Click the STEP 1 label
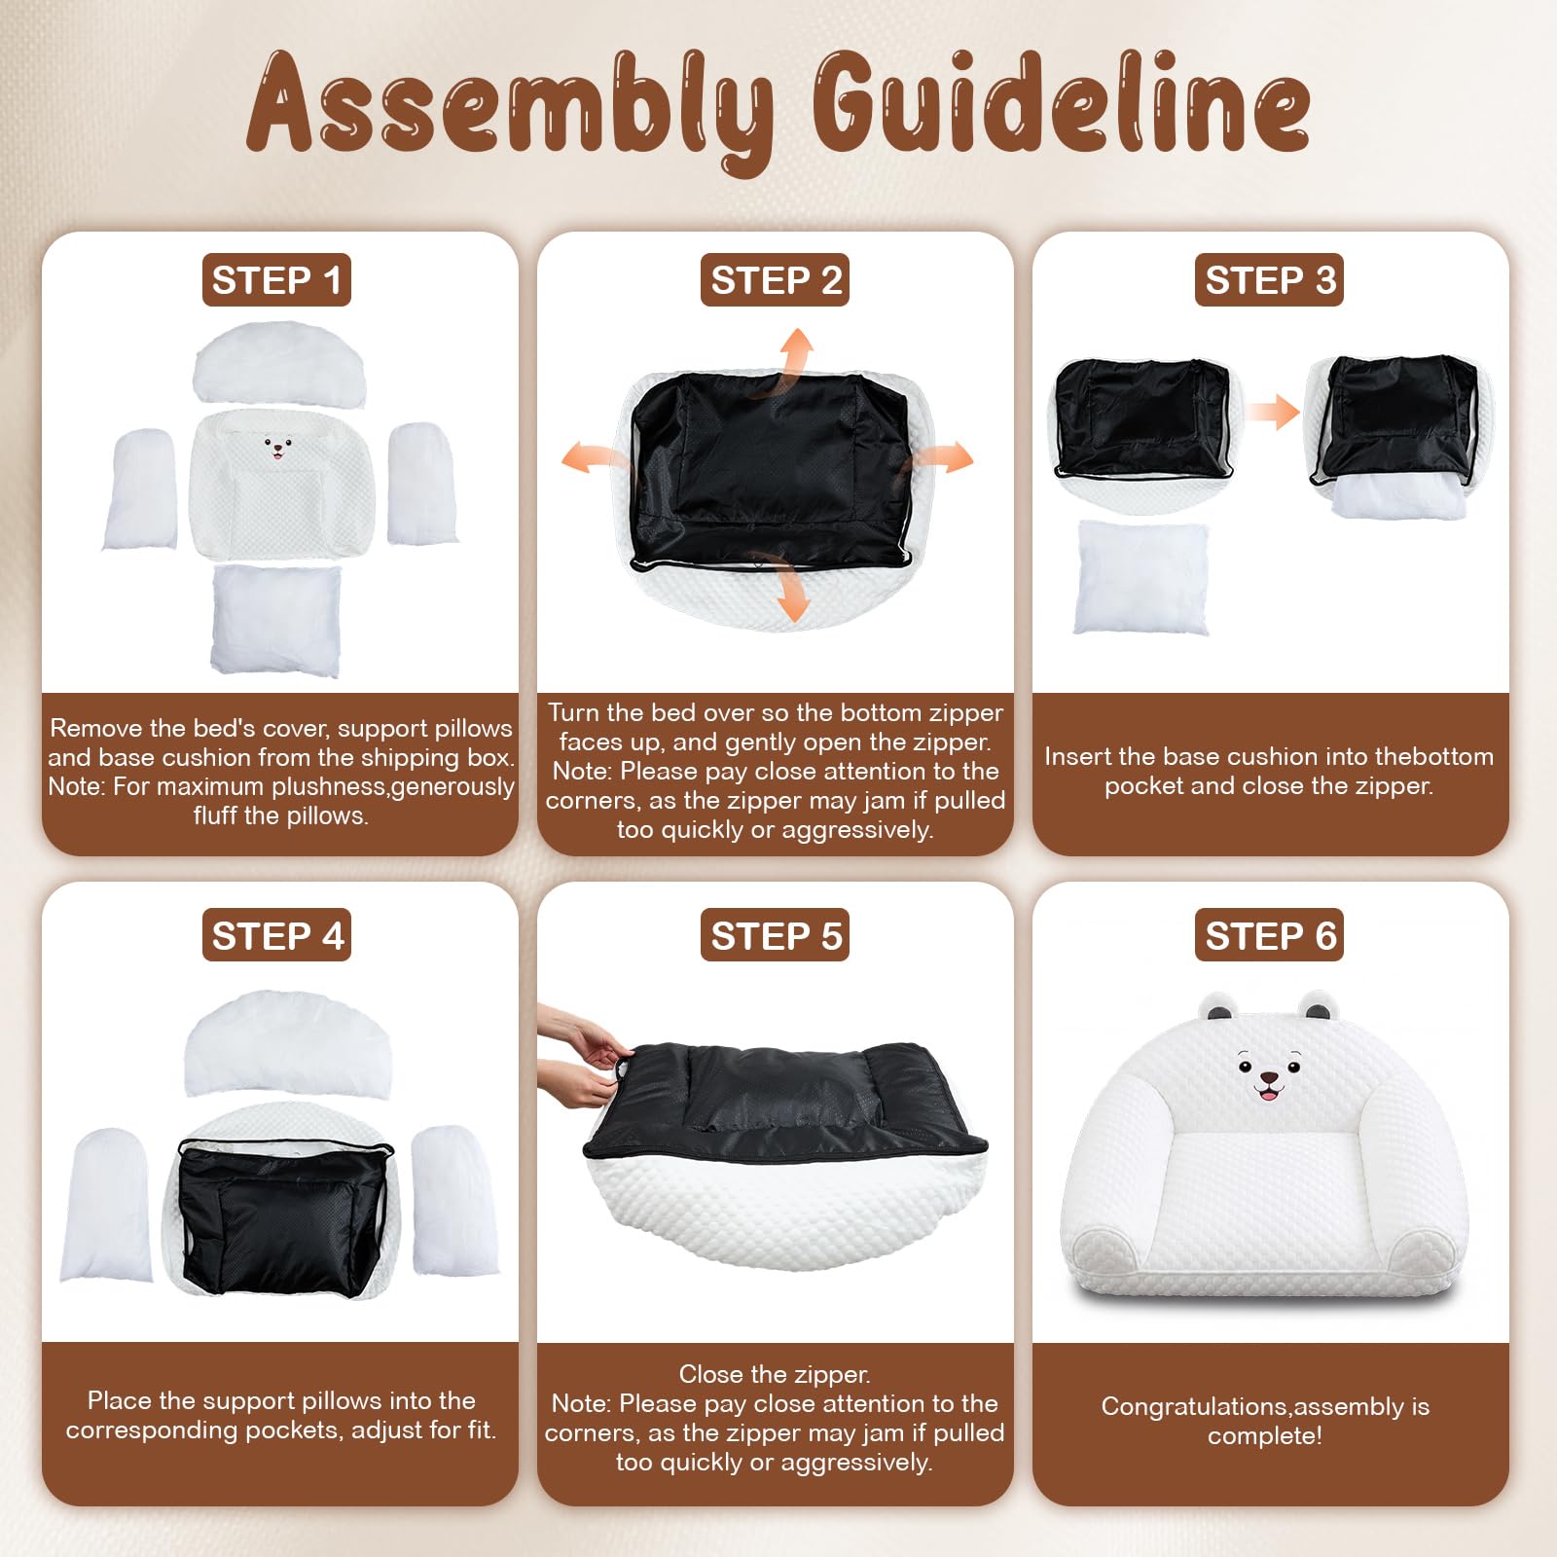coord(276,280)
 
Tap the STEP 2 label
coord(775,280)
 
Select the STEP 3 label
coord(1269,280)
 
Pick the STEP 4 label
coord(276,935)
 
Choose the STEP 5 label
coord(775,935)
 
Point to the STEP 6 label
coord(1269,935)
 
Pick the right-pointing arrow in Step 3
coord(1273,412)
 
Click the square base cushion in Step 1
coord(276,620)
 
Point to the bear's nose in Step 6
coord(1269,1078)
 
